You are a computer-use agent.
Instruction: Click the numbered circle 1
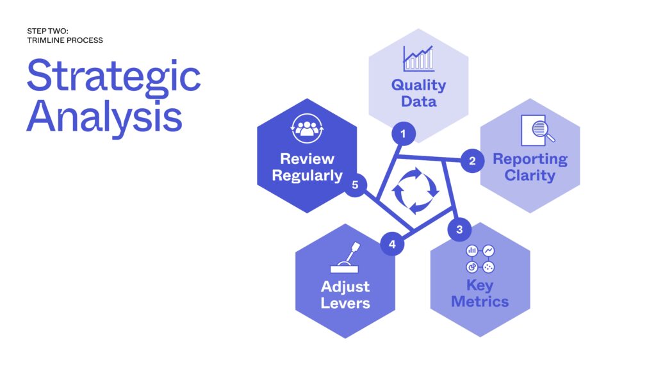point(404,134)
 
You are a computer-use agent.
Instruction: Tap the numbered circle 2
point(472,161)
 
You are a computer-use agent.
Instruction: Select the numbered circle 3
point(459,229)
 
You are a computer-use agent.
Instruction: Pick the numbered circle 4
point(392,244)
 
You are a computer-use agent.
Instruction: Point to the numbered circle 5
point(355,184)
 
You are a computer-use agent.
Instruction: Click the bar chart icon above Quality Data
point(418,58)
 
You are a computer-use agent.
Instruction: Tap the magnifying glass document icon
point(537,130)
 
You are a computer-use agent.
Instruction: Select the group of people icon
point(307,128)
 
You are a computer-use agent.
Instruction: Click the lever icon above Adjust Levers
point(345,258)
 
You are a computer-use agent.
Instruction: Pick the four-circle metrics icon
point(480,259)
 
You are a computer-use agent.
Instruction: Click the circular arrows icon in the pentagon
point(415,190)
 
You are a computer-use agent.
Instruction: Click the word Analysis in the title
point(104,117)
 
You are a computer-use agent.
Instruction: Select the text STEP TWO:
point(47,31)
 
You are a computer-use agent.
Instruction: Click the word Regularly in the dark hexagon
point(307,176)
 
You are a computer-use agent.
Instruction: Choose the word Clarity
point(530,176)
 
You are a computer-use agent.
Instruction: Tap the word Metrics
point(480,302)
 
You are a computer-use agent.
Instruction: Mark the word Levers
point(345,303)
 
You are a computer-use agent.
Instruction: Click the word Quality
point(418,86)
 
